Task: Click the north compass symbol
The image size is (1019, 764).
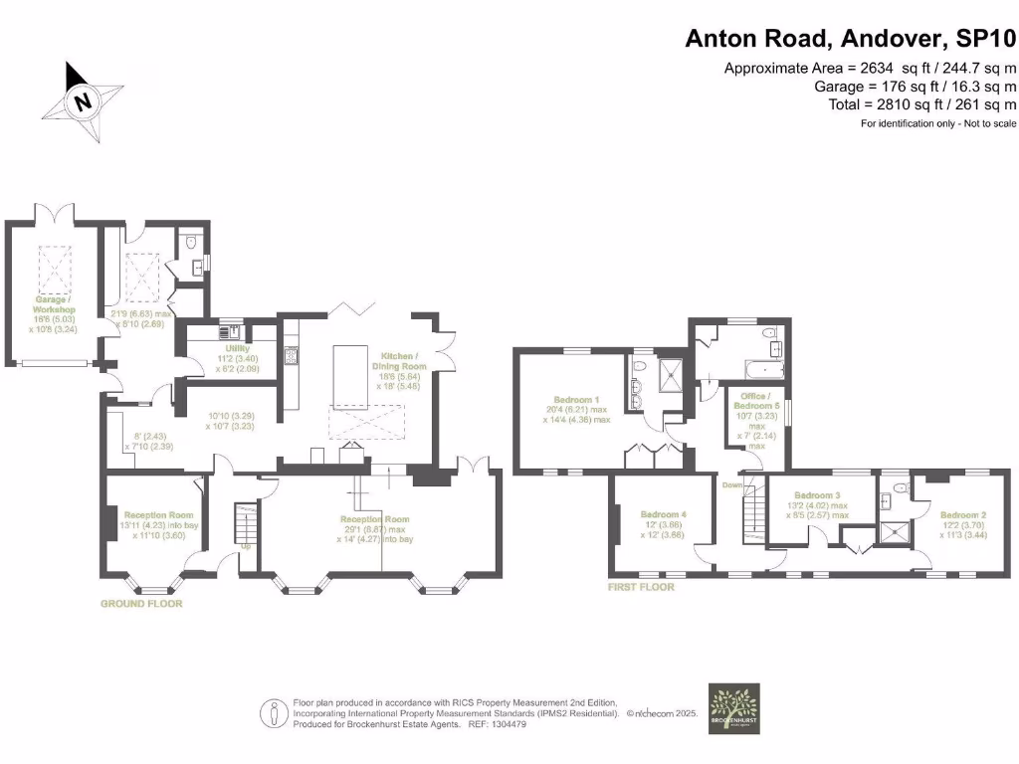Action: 85,100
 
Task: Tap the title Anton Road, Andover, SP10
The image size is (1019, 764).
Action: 851,39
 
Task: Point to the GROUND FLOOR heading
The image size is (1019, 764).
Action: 141,604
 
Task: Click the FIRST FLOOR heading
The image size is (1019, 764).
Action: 641,588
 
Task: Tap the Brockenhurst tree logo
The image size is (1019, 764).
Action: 733,707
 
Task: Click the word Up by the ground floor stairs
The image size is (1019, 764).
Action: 244,546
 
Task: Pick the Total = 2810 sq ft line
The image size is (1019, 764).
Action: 922,104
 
